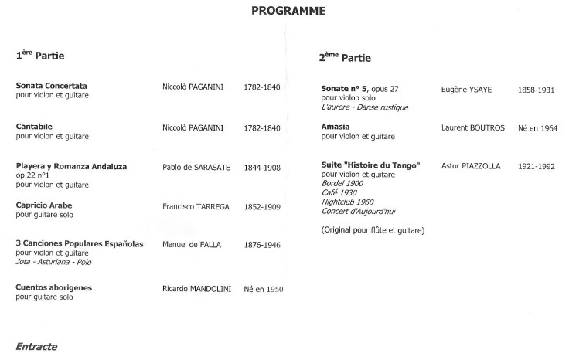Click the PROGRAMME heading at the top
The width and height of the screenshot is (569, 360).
point(288,12)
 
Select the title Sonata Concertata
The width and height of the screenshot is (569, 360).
point(51,85)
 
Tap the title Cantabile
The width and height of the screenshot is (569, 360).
point(34,126)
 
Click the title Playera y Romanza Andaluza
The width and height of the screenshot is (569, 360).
point(71,166)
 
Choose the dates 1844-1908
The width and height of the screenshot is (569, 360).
point(261,167)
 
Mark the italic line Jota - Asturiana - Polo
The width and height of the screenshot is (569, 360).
point(53,262)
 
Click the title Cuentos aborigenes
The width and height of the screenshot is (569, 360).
point(54,287)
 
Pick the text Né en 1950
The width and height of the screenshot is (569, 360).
point(264,288)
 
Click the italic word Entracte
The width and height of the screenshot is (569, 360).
point(36,347)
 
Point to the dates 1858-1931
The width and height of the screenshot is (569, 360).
point(536,90)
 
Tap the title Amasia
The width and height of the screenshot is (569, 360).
point(336,126)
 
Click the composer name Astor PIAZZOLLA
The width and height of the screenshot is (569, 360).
point(470,166)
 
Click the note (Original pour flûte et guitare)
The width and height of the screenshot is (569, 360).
point(372,229)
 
